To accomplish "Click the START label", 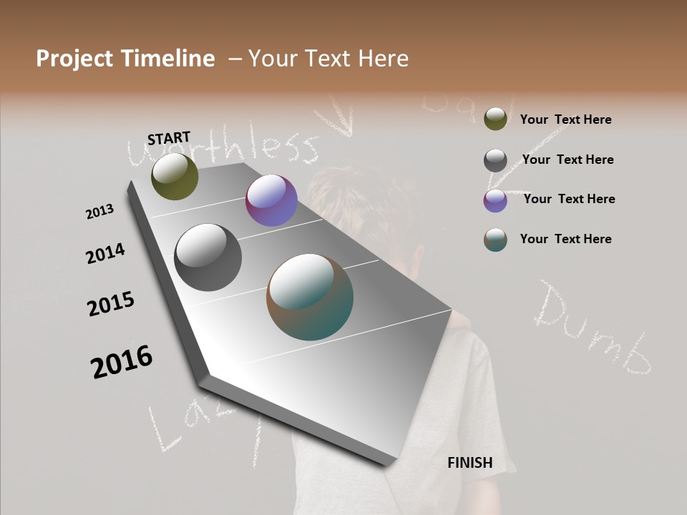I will coord(169,137).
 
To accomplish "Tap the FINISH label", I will coord(470,463).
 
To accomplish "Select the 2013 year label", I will coord(99,212).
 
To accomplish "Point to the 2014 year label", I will coord(105,254).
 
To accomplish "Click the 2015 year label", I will coord(111,304).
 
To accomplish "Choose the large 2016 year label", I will coord(122,362).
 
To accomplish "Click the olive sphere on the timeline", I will coord(175,176).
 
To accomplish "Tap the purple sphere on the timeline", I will coord(271,201).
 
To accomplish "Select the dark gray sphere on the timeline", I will coord(208,257).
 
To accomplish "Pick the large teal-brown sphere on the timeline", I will coord(310,297).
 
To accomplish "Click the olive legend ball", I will coord(495,119).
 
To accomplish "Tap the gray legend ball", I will coord(495,160).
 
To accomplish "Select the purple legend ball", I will coord(495,200).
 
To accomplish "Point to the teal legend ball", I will coord(495,240).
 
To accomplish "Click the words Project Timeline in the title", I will coord(125,59).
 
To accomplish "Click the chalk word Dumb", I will coord(594,329).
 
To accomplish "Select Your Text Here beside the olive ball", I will coord(565,119).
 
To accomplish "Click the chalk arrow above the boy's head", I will coord(336,119).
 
